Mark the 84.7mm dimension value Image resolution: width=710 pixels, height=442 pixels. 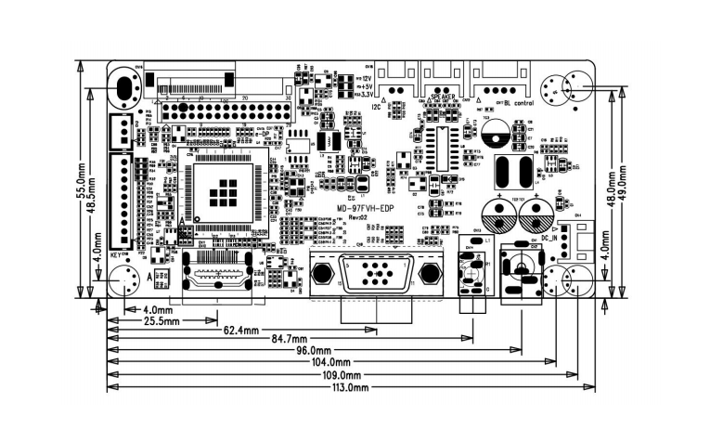pyautogui.click(x=286, y=339)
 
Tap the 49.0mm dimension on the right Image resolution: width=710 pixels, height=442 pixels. pyautogui.click(x=624, y=185)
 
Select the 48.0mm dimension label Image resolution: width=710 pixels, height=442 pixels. pyautogui.click(x=611, y=185)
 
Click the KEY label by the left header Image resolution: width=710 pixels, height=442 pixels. pyautogui.click(x=116, y=254)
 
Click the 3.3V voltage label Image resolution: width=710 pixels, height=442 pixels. pyautogui.click(x=368, y=95)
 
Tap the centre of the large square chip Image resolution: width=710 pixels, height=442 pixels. pyautogui.click(x=223, y=191)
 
